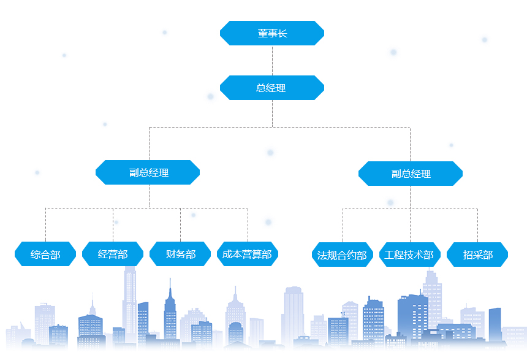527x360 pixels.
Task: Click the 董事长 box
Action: pyautogui.click(x=271, y=33)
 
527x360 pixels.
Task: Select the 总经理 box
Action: pyautogui.click(x=271, y=88)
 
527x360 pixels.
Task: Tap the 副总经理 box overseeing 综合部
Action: pyautogui.click(x=148, y=172)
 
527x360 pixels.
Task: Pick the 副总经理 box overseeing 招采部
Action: pyautogui.click(x=411, y=174)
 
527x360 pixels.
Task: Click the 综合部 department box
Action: pyautogui.click(x=45, y=254)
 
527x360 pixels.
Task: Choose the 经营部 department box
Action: pyautogui.click(x=113, y=254)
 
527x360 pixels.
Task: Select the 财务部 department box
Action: pyautogui.click(x=180, y=254)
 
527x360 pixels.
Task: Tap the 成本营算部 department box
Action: pyautogui.click(x=248, y=254)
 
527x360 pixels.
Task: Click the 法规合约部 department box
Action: pyautogui.click(x=342, y=255)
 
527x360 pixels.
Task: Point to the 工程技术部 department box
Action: pyautogui.click(x=409, y=255)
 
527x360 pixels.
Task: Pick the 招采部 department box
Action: pyautogui.click(x=477, y=255)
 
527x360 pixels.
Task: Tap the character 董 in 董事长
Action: pyautogui.click(x=262, y=34)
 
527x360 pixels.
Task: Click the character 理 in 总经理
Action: pyautogui.click(x=281, y=88)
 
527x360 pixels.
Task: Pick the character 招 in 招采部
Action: pyautogui.click(x=468, y=255)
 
